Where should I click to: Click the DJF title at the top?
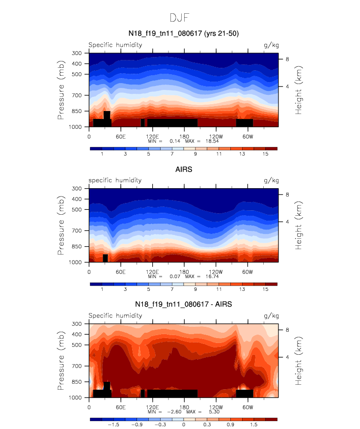180,18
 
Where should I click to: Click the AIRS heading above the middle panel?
183,170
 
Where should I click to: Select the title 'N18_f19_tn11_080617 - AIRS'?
183,305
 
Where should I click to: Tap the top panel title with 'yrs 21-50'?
183,33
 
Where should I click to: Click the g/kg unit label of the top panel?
271,45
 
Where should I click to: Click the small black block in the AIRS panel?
105,258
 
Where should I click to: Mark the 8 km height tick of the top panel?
288,59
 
